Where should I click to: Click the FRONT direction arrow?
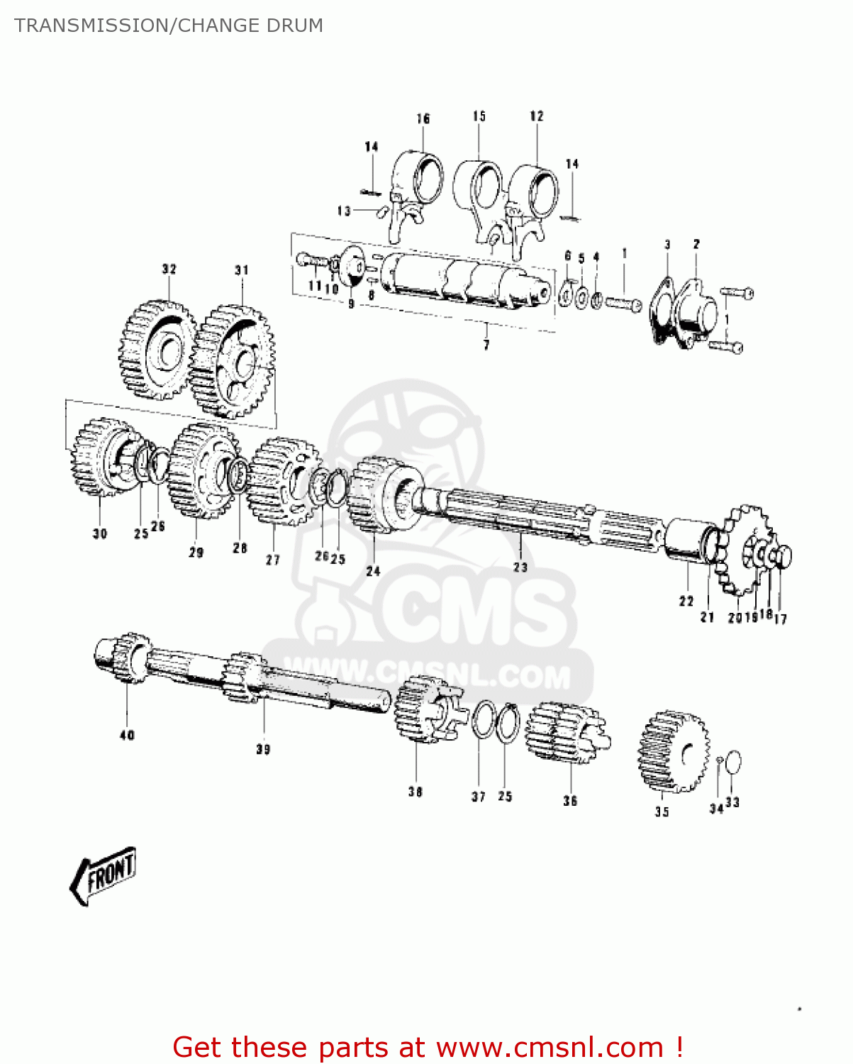[104, 875]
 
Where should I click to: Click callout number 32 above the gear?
[169, 270]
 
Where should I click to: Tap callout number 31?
[242, 270]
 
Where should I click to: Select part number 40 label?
[127, 736]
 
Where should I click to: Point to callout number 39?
[263, 749]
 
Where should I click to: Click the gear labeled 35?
[673, 752]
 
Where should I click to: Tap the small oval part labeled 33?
[733, 763]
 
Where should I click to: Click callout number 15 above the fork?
[479, 116]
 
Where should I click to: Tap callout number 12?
[537, 116]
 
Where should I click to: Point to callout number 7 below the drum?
[486, 345]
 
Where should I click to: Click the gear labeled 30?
[99, 458]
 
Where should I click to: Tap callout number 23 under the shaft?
[520, 567]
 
